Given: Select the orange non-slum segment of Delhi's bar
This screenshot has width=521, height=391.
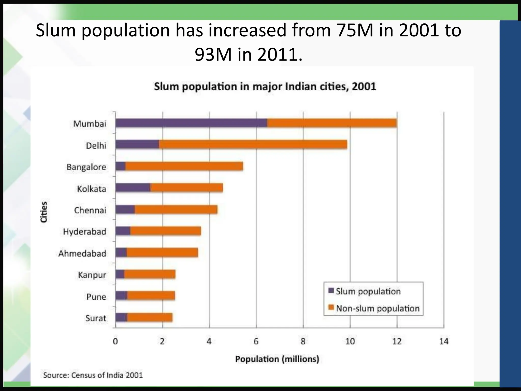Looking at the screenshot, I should tap(253, 145).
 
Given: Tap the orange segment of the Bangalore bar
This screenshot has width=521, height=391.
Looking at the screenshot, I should tap(184, 166).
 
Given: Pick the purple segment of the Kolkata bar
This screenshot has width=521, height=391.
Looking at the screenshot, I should tap(133, 188).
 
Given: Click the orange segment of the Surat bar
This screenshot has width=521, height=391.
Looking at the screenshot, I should tap(150, 318).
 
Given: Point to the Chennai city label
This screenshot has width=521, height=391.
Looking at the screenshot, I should tap(90, 210).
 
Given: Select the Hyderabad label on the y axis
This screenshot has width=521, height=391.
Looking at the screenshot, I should tap(84, 232).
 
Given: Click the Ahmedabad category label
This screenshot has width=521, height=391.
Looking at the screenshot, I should tap(82, 254).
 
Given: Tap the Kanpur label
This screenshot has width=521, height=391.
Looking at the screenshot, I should tap(92, 275).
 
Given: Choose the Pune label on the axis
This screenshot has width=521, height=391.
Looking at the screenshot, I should tap(96, 297).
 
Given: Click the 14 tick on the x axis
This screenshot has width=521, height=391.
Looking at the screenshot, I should tap(444, 341).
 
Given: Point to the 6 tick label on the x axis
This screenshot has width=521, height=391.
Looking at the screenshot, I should tap(256, 341).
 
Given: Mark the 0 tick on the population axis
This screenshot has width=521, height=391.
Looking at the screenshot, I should tap(115, 341).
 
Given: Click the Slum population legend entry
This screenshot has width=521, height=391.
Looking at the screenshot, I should tap(368, 291).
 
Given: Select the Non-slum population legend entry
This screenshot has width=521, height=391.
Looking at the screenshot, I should tap(378, 308).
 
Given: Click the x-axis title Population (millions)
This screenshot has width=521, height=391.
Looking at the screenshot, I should tap(277, 359).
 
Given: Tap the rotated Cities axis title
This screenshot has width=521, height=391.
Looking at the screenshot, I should tap(44, 212).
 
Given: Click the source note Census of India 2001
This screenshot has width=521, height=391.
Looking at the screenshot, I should tap(93, 375).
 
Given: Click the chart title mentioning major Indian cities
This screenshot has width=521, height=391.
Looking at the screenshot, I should tap(265, 87).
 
